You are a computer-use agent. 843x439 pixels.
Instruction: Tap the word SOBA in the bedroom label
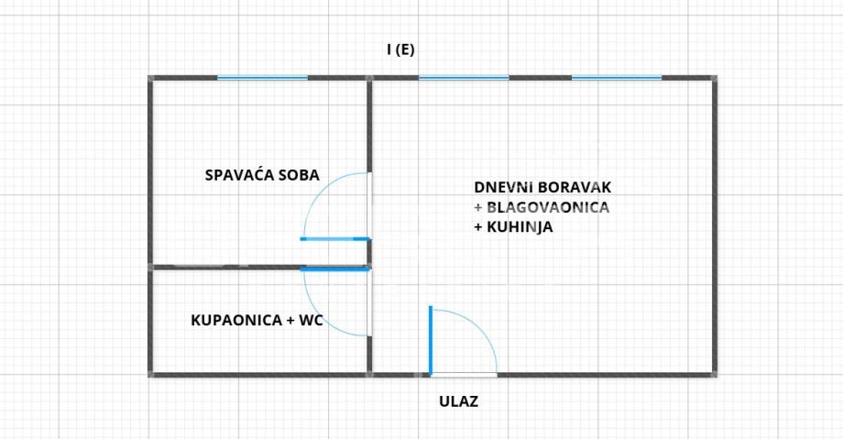pos(297,174)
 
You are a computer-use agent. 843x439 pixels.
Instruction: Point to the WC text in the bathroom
pos(312,321)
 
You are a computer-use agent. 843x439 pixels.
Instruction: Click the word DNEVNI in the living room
pos(500,187)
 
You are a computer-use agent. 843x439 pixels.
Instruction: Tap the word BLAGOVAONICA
pos(547,207)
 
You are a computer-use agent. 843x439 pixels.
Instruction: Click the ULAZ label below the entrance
pos(458,401)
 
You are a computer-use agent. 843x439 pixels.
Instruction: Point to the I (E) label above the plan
pos(400,49)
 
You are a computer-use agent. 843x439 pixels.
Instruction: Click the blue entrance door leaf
pos(431,340)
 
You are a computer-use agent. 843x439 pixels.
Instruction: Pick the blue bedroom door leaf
pos(335,239)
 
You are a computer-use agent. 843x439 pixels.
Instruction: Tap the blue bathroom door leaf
pos(335,269)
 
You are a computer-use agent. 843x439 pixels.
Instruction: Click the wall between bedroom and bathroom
pos(224,268)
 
